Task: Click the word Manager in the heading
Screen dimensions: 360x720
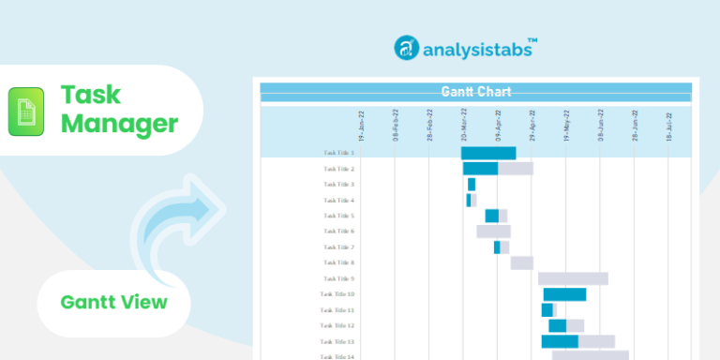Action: pyautogui.click(x=119, y=123)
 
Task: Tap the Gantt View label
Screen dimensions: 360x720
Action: pyautogui.click(x=113, y=302)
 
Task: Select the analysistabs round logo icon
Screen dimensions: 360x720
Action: pyautogui.click(x=407, y=48)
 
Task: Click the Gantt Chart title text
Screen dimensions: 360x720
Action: pyautogui.click(x=475, y=92)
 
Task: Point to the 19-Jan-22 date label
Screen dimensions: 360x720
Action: pyautogui.click(x=362, y=125)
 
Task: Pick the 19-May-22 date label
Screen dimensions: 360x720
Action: pyautogui.click(x=566, y=125)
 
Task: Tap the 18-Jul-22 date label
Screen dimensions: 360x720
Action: pyautogui.click(x=668, y=125)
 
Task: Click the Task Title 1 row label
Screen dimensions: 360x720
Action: pyautogui.click(x=338, y=153)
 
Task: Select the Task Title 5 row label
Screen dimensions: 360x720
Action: pyautogui.click(x=338, y=216)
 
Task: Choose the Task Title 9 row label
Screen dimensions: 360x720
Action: pyautogui.click(x=338, y=278)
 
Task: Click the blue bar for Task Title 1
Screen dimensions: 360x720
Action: pyautogui.click(x=488, y=153)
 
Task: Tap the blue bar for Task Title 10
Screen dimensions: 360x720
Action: pyautogui.click(x=564, y=294)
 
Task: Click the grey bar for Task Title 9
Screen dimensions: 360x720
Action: pyautogui.click(x=573, y=278)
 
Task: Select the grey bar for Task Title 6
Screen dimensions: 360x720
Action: pyautogui.click(x=493, y=232)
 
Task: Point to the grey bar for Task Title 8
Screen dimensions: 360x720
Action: pyautogui.click(x=521, y=263)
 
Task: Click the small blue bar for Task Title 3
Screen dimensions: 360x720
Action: pyautogui.click(x=472, y=185)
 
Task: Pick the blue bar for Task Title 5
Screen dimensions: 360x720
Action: pyautogui.click(x=491, y=216)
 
